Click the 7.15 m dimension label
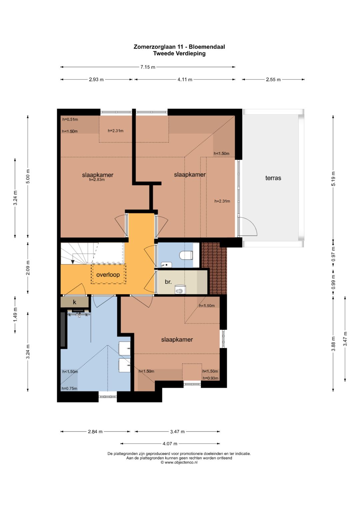coord(148,67)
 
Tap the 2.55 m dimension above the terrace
coord(273,80)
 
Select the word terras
coord(273,178)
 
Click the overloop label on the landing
coord(108,274)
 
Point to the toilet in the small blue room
coord(186,255)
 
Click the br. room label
coord(168,282)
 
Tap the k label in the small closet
coord(75,302)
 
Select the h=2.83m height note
coord(97,180)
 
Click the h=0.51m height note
coord(70,119)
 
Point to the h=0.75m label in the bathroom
coord(70,388)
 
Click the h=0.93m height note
coord(210,378)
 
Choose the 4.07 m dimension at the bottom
coord(170,443)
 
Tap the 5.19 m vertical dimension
coord(333,179)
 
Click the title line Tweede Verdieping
coord(179,53)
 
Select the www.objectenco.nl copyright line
coord(179,462)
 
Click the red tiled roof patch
coord(214,268)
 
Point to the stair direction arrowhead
coord(73,262)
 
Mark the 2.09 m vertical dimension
coord(28,267)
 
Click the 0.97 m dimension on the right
coord(333,254)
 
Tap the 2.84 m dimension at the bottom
coord(95,431)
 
